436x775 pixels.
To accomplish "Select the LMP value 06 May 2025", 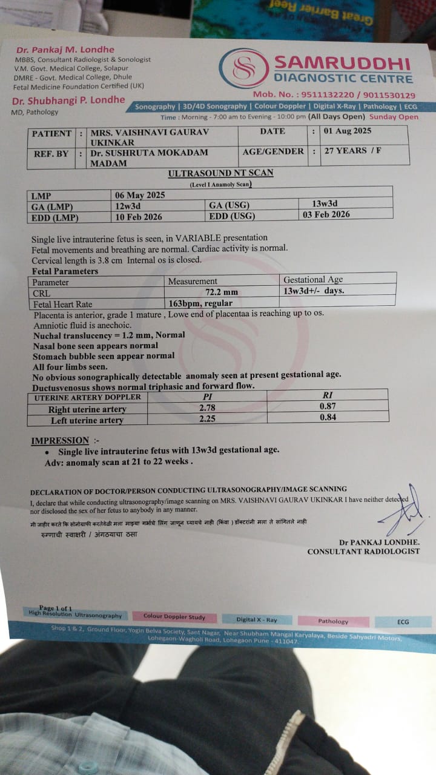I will pos(140,195).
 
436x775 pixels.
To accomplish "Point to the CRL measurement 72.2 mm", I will pos(217,292).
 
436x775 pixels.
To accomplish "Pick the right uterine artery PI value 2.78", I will pos(207,408).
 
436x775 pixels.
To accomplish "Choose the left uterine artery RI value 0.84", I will pos(328,417).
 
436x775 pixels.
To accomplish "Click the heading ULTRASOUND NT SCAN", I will pos(220,173).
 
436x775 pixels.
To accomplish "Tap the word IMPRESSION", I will pos(60,440).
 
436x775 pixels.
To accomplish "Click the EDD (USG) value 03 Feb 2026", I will pos(325,214).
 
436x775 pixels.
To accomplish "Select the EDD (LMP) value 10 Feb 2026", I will pos(139,217).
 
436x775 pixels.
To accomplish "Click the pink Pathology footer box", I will pos(333,621).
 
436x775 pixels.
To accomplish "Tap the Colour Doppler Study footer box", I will pos(174,617).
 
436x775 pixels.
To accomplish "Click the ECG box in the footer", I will pos(403,622).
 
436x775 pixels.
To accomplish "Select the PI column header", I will pos(207,396).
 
